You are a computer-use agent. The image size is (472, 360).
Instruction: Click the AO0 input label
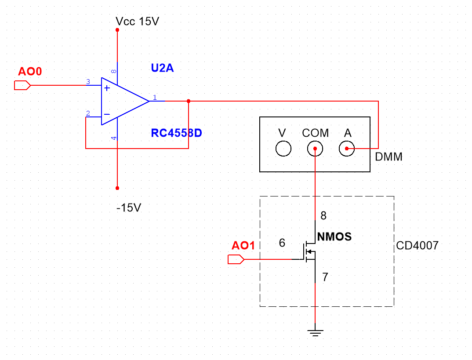(30, 71)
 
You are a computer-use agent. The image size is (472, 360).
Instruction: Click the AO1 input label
(243, 246)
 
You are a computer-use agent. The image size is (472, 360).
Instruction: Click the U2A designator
(162, 68)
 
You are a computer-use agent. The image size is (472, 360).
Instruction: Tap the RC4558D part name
(176, 133)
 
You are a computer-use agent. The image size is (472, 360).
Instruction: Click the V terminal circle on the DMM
(283, 149)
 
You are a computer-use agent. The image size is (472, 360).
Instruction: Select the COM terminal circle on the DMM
(315, 149)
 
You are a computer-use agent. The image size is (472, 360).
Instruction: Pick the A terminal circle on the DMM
(347, 149)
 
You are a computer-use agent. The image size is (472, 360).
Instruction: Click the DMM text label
(388, 156)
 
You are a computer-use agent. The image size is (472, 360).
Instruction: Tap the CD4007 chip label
(417, 245)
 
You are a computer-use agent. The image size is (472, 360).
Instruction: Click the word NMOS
(334, 237)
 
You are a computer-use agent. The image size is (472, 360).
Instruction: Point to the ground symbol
(315, 332)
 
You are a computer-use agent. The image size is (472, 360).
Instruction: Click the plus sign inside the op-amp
(107, 88)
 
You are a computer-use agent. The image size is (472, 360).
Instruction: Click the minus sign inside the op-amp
(107, 115)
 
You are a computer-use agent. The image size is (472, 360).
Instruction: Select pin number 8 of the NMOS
(323, 216)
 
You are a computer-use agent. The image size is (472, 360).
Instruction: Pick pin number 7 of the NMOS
(325, 277)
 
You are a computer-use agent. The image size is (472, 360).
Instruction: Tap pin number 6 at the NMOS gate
(282, 243)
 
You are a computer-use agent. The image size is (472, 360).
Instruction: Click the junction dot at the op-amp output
(189, 101)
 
